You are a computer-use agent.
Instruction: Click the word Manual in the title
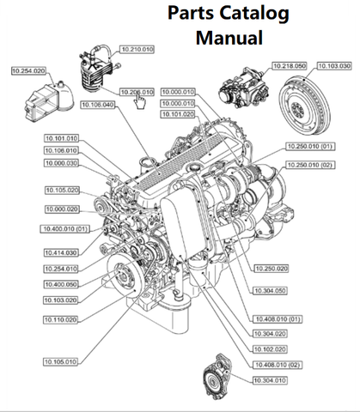click(229, 39)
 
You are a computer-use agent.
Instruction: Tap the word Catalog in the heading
click(258, 13)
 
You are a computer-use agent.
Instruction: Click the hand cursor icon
click(139, 102)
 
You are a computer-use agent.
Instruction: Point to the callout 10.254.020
click(28, 71)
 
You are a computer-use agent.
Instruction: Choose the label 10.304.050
click(272, 290)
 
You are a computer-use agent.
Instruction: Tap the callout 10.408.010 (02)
click(278, 365)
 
